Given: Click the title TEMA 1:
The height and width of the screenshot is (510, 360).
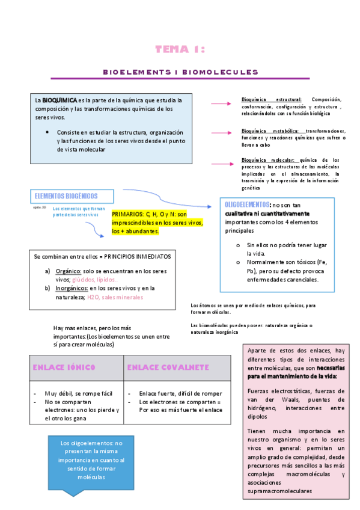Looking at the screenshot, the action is click(180, 49).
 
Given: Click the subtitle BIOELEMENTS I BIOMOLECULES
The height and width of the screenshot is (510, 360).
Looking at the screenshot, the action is click(180, 72).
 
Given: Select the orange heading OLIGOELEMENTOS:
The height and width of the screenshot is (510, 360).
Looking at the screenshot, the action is click(247, 204).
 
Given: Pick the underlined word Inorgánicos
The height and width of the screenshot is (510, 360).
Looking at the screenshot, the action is click(70, 288).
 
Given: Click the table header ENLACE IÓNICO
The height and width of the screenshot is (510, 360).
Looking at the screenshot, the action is click(64, 367).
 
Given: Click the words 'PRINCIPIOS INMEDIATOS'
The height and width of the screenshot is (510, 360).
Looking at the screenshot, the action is click(138, 256).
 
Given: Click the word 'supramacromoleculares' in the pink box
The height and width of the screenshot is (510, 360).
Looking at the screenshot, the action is click(279, 491).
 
